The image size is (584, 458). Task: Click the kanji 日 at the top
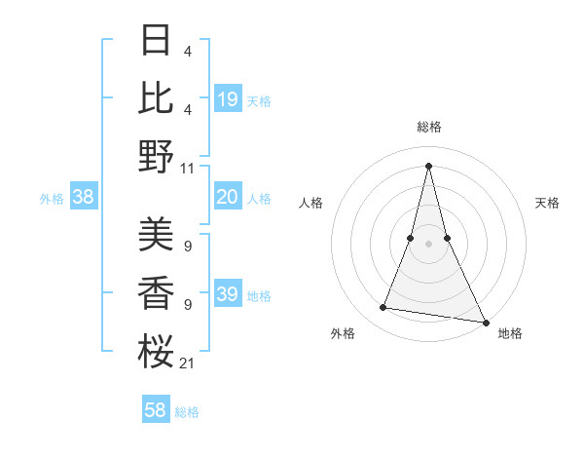point(156,41)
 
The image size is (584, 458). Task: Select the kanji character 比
point(156,97)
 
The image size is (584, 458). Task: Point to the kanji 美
point(156,234)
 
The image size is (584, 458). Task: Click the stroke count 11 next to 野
point(188,168)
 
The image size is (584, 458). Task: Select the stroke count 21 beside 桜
point(188,363)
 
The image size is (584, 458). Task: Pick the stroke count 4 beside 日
point(187,52)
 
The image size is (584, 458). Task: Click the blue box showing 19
point(228,98)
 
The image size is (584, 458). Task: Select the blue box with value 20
point(228,197)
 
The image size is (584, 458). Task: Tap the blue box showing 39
point(228,294)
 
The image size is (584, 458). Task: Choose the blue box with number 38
point(84,197)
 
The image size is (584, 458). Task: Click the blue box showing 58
point(156,410)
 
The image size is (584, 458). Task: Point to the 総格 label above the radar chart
point(428,127)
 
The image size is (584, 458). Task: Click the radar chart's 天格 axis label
point(547,203)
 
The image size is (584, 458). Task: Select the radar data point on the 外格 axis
point(383,308)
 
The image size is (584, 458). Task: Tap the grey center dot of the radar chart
point(428,243)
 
